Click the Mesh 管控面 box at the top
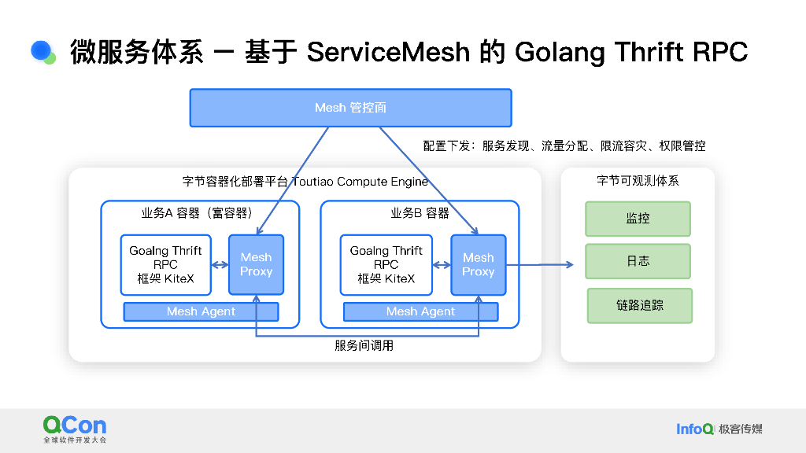click(350, 108)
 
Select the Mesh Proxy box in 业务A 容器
click(256, 264)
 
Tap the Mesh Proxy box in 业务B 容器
click(478, 264)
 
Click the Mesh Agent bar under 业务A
click(201, 311)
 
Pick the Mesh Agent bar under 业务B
click(420, 311)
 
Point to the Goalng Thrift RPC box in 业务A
click(165, 264)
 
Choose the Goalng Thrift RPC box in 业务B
click(386, 264)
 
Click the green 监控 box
click(638, 219)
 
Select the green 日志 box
click(638, 261)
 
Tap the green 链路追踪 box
click(639, 305)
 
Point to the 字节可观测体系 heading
click(638, 181)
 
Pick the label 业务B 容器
click(420, 213)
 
